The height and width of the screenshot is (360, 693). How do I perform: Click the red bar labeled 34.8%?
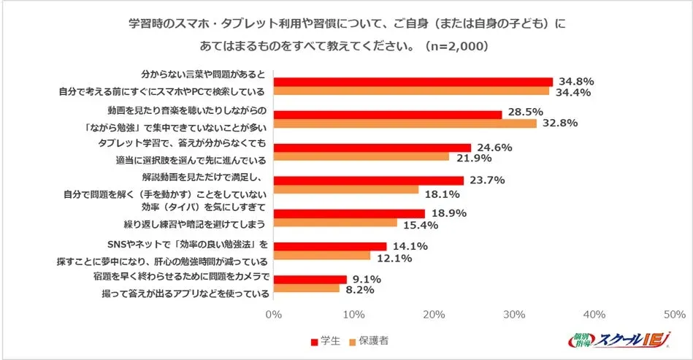[413, 82]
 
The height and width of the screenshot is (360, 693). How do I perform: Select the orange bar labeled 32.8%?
[405, 123]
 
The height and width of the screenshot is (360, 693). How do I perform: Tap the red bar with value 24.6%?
[372, 148]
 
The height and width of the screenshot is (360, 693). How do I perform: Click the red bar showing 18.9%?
[349, 213]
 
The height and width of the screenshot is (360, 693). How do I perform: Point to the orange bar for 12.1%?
[322, 256]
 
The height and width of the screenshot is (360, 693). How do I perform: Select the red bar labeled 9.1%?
[310, 280]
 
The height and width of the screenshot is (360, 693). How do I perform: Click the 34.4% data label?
[575, 93]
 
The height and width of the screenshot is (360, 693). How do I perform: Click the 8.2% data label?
[361, 290]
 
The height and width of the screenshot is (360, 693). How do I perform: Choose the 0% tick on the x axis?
[274, 315]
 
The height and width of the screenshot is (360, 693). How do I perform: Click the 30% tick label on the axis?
[515, 315]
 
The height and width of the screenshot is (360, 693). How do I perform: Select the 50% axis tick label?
[675, 315]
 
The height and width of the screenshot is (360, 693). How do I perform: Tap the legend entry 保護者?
[372, 342]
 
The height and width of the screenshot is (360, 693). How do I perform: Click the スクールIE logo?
[625, 340]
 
